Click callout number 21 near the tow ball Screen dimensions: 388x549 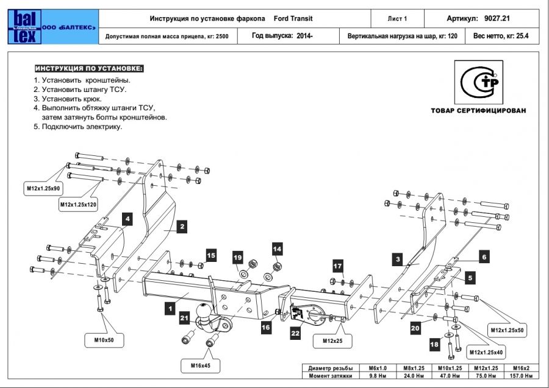pos(184,317)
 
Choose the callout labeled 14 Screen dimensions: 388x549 pos(277,249)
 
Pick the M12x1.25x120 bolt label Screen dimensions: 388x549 pos(79,205)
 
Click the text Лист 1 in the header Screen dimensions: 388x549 pos(397,19)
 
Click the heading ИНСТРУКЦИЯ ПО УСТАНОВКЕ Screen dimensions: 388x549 pos(88,68)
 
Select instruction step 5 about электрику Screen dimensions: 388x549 pos(77,127)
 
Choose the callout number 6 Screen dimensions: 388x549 pos(484,258)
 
